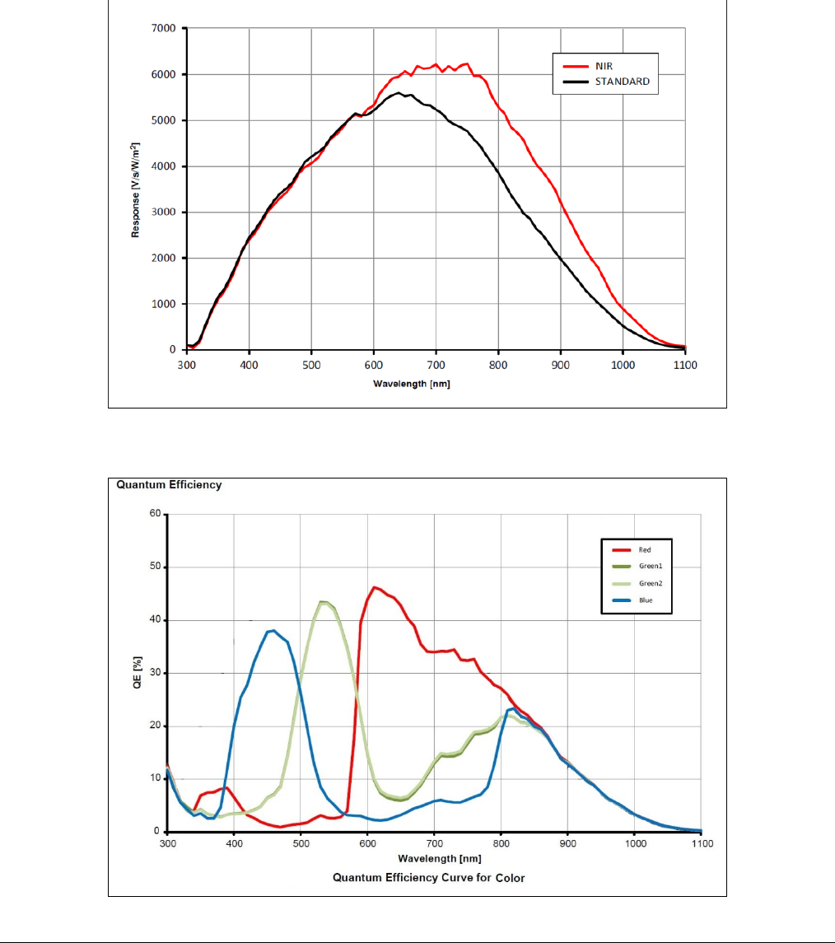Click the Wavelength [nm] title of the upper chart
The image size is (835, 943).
(x=411, y=383)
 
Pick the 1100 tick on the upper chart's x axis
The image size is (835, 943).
(x=685, y=365)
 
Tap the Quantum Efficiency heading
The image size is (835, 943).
(x=169, y=485)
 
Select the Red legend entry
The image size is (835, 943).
(x=644, y=549)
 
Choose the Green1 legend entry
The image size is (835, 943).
(x=648, y=567)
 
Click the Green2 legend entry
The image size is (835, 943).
(x=648, y=583)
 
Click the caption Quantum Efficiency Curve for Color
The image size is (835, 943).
(x=428, y=877)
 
